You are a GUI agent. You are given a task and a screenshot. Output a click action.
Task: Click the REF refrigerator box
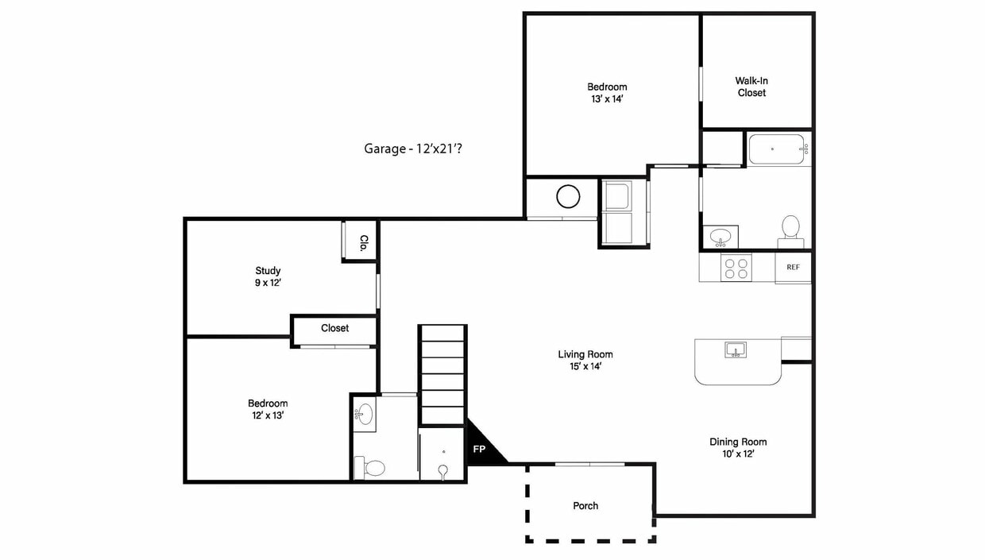[x=793, y=267]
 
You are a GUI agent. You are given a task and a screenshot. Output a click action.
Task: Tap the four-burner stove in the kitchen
[x=736, y=268]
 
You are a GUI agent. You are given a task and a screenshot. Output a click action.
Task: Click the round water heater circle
[x=568, y=196]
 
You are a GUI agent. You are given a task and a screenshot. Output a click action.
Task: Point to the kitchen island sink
[x=736, y=350]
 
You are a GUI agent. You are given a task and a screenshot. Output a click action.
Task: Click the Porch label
[x=585, y=506]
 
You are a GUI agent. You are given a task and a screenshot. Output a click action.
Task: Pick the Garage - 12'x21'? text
[x=413, y=149]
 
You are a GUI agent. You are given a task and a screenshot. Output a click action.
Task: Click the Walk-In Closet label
[x=751, y=87]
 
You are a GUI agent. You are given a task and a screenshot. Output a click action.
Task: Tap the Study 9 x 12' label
[x=268, y=276]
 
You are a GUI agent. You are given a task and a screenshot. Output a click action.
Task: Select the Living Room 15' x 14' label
[x=585, y=360]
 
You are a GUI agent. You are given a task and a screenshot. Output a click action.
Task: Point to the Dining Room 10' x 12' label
[x=738, y=447]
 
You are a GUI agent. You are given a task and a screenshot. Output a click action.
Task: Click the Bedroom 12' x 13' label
[x=268, y=409]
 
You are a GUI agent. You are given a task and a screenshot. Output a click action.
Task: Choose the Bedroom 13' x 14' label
[x=607, y=93]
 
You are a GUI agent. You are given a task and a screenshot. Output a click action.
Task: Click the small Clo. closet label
[x=364, y=243]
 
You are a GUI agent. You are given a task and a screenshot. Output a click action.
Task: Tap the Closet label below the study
[x=334, y=328]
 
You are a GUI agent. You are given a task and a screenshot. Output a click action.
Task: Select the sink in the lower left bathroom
[x=364, y=414]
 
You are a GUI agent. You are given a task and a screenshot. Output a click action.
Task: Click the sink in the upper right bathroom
[x=720, y=238]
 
